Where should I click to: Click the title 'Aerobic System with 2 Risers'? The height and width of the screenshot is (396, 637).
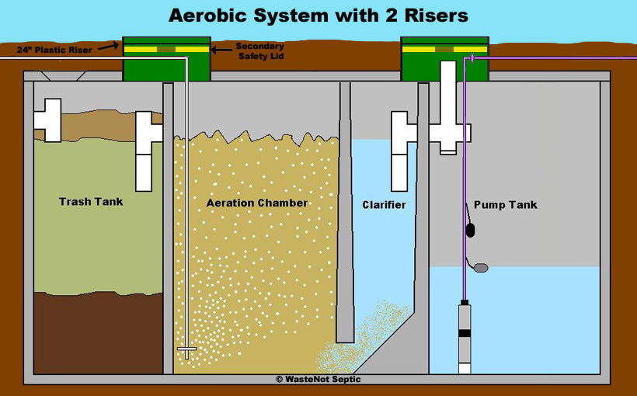[x=318, y=16]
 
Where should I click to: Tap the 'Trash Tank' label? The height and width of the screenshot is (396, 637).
[x=91, y=202]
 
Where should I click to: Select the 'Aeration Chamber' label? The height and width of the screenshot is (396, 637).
[x=256, y=203]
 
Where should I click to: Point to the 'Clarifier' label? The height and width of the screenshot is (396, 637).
[x=384, y=205]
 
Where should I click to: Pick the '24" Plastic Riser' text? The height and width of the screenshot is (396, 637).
[x=54, y=50]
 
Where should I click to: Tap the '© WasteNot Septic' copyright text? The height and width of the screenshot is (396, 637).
[x=318, y=380]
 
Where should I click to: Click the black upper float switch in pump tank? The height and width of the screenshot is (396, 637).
[x=470, y=230]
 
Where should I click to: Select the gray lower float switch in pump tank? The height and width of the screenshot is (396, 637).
[x=481, y=268]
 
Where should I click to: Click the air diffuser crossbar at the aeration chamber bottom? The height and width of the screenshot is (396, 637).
[x=187, y=349]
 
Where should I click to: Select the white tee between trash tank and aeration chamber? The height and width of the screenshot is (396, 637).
[x=148, y=148]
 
